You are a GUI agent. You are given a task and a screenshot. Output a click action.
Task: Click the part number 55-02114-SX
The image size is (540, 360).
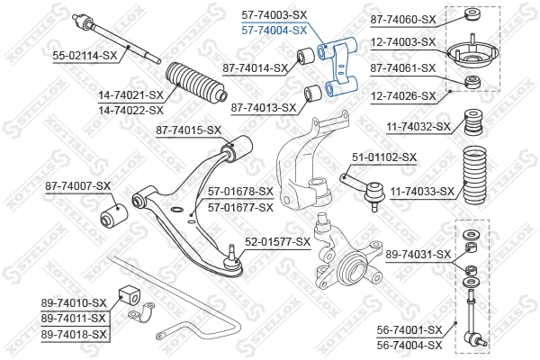85,56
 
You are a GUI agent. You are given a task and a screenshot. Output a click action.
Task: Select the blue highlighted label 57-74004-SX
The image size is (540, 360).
274,30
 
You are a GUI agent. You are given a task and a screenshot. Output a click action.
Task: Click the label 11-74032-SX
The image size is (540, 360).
418,127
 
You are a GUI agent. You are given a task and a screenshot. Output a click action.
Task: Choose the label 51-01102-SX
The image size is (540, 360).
384,157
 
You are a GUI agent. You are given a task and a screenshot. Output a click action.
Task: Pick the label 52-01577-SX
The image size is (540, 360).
278,241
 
